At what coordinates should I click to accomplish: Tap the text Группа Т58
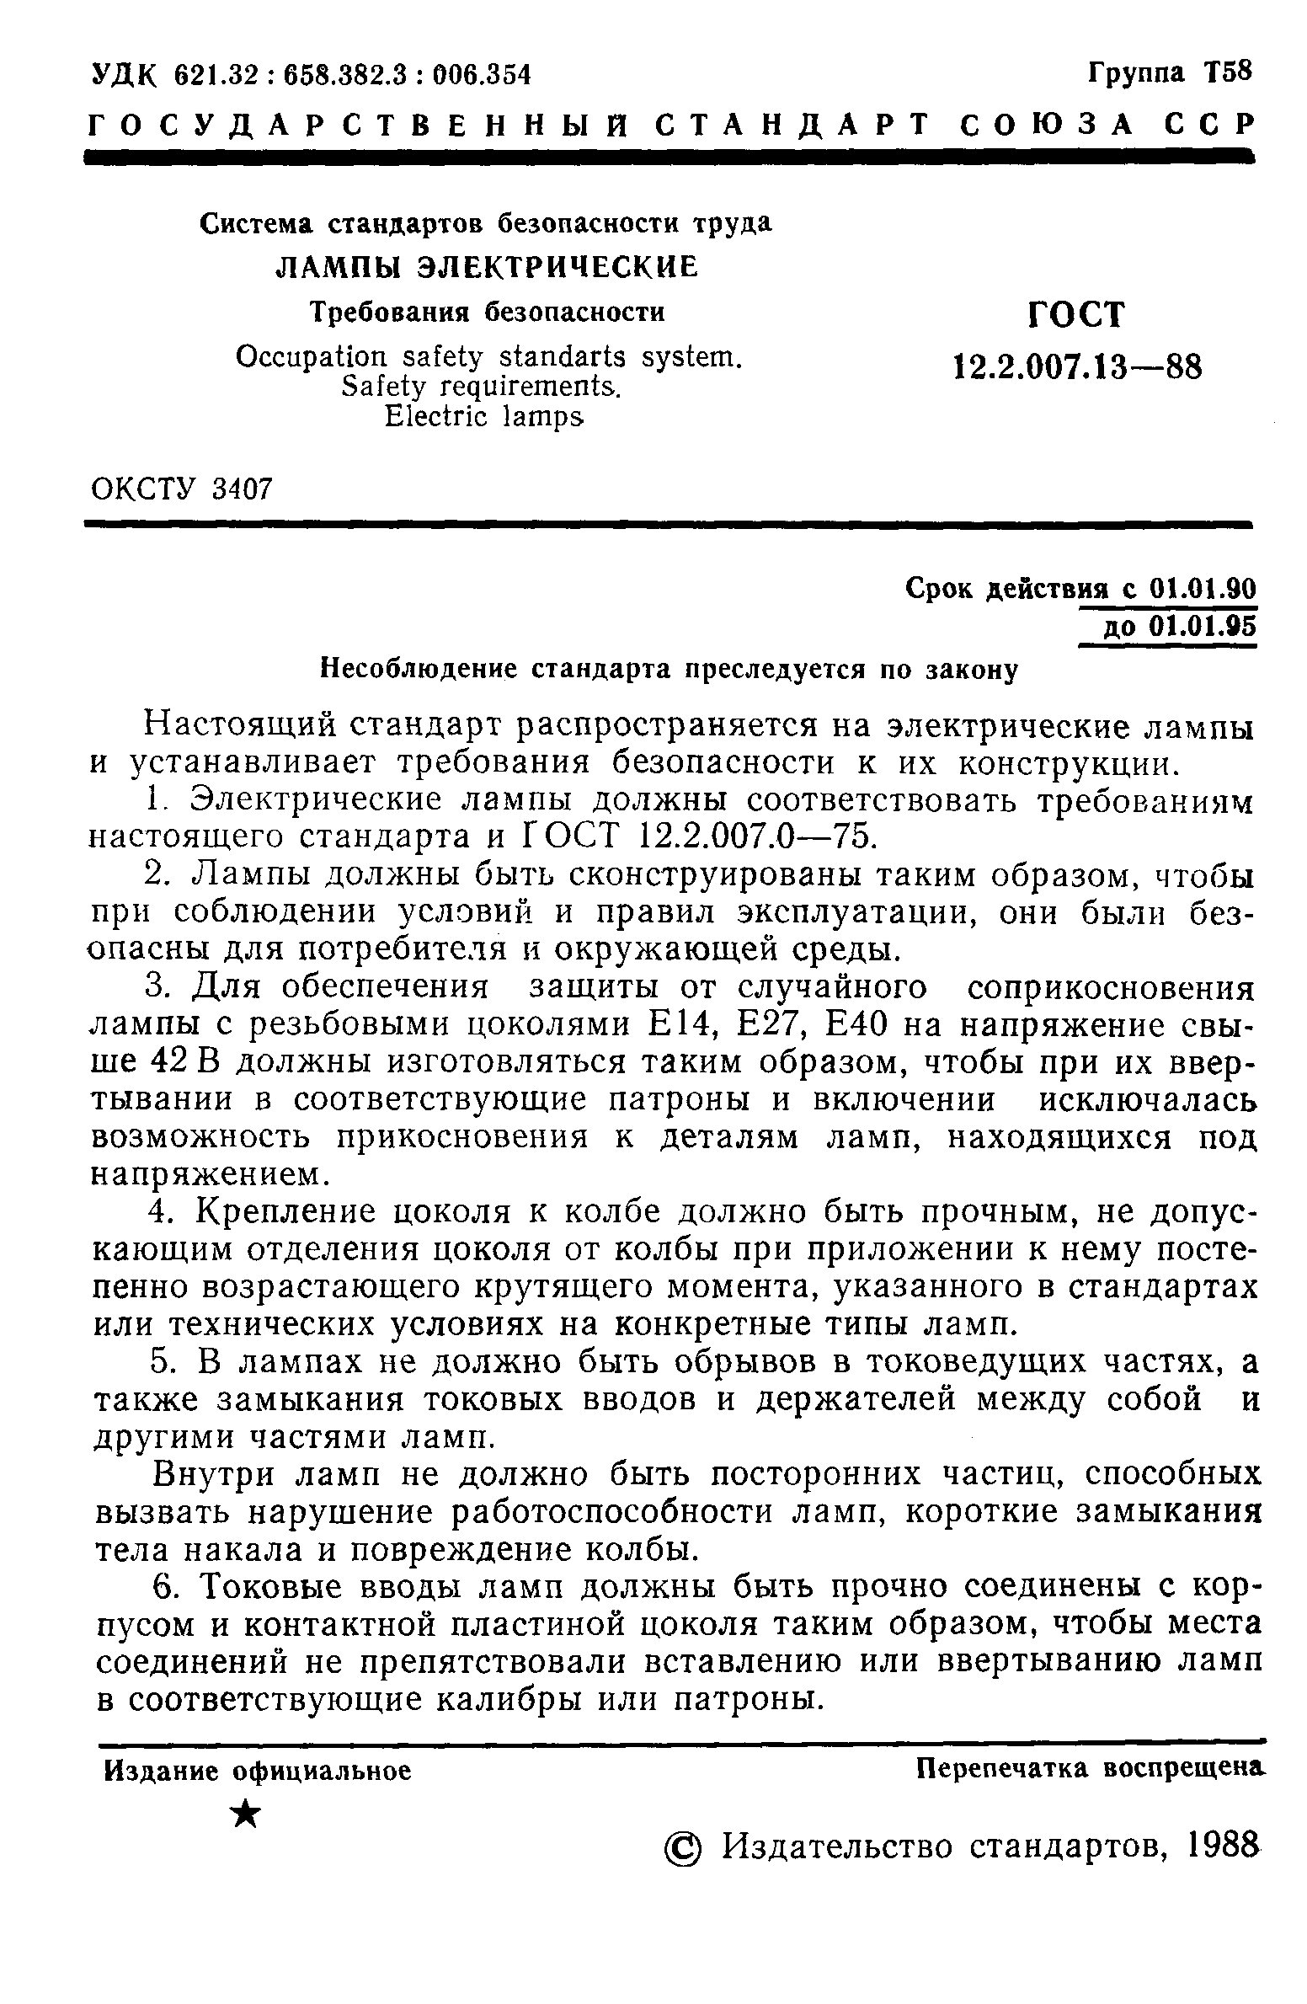(x=1171, y=72)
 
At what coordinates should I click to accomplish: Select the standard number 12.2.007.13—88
(x=1077, y=367)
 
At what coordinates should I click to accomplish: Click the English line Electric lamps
(x=484, y=416)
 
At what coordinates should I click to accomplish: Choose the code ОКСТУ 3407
(x=181, y=488)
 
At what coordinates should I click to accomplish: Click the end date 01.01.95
(x=1201, y=628)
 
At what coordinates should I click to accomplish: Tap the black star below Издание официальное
(x=245, y=1812)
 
